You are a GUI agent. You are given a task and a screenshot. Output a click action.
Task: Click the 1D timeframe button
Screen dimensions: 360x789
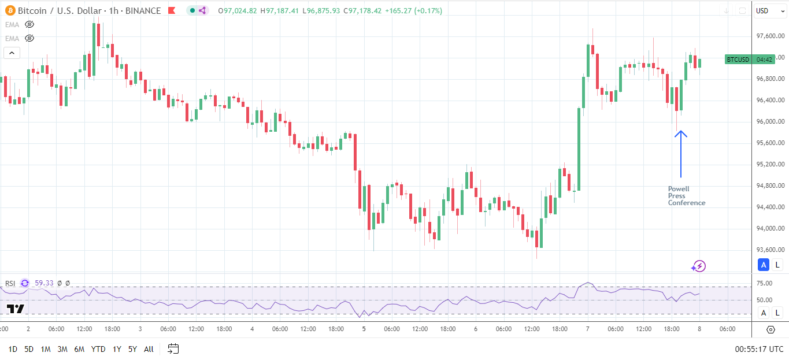click(x=13, y=349)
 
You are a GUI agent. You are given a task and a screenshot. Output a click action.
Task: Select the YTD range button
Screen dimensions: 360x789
click(x=98, y=349)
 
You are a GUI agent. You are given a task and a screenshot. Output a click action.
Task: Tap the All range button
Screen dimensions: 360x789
click(x=149, y=349)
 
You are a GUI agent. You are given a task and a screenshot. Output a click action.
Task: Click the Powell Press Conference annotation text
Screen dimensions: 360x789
click(x=687, y=196)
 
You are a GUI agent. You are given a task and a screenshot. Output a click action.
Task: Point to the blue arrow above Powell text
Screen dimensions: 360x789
click(x=681, y=154)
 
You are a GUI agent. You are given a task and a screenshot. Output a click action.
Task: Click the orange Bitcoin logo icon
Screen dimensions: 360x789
click(x=9, y=10)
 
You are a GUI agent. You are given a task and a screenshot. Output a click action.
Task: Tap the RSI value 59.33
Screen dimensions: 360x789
click(x=44, y=283)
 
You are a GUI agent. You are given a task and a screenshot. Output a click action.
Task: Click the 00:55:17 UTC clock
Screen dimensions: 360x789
click(x=759, y=349)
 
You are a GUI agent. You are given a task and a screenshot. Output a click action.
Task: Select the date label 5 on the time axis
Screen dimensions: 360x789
click(x=364, y=329)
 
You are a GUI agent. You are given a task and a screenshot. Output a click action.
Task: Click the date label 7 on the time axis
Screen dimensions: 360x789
click(x=588, y=329)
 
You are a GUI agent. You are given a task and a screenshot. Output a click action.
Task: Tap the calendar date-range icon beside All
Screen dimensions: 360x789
click(x=173, y=348)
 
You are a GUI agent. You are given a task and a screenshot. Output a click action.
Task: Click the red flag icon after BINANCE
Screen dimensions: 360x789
click(x=171, y=10)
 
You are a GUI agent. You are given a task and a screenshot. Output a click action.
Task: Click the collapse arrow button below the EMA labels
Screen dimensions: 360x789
click(x=12, y=53)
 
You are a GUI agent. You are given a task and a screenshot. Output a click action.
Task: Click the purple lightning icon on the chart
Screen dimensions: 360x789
click(x=699, y=266)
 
